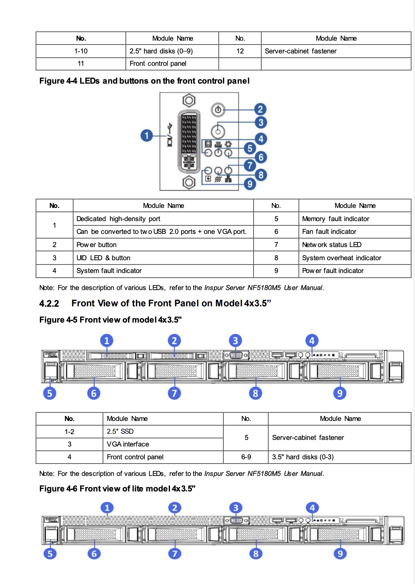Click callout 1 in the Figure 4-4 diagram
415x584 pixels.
click(x=147, y=136)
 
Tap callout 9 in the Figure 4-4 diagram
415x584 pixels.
click(x=250, y=184)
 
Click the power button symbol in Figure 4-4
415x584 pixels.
click(x=218, y=110)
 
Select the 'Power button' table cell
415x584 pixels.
click(x=96, y=245)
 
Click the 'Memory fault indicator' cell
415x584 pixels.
click(x=335, y=219)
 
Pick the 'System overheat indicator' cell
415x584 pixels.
click(x=341, y=258)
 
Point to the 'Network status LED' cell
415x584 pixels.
click(x=331, y=245)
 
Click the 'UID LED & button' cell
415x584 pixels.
click(x=103, y=258)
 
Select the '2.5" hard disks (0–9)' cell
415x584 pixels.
click(x=161, y=51)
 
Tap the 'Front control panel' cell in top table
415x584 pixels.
click(x=158, y=64)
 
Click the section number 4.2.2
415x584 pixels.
click(x=49, y=304)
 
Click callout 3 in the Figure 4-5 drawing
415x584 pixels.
click(x=235, y=341)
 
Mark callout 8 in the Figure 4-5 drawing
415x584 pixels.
click(x=256, y=393)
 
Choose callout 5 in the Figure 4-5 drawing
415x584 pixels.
click(x=50, y=393)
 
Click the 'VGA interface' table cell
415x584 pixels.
click(x=128, y=444)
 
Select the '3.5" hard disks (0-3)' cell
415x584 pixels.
click(x=303, y=457)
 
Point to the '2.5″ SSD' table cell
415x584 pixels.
click(x=120, y=431)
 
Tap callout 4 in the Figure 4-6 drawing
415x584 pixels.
click(x=312, y=508)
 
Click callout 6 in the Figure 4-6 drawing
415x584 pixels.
click(x=94, y=554)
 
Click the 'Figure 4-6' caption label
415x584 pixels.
click(x=58, y=489)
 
